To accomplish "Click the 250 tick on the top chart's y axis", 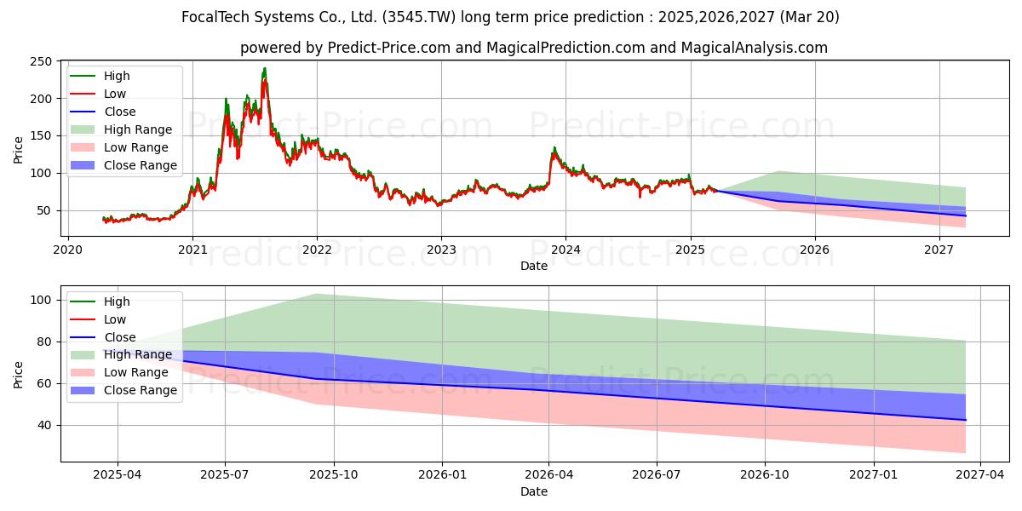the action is (x=40, y=61).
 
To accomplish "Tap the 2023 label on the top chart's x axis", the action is (x=441, y=250).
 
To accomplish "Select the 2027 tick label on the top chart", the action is (x=939, y=250).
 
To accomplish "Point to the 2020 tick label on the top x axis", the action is (x=68, y=250).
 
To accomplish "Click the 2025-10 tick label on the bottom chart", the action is (x=334, y=475).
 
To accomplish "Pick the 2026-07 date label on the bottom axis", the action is (x=657, y=475).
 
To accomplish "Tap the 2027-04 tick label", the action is (x=980, y=475).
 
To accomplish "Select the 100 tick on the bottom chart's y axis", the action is (x=40, y=300).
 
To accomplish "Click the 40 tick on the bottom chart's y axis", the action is (x=43, y=425).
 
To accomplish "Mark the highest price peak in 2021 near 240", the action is (x=265, y=68).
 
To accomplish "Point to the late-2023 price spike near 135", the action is (x=554, y=148).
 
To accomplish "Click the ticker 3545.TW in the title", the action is (x=419, y=17).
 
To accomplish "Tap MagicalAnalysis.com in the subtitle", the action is (x=755, y=48).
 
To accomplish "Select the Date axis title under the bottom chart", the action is (x=534, y=492).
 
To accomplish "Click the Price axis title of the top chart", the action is (x=18, y=150).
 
